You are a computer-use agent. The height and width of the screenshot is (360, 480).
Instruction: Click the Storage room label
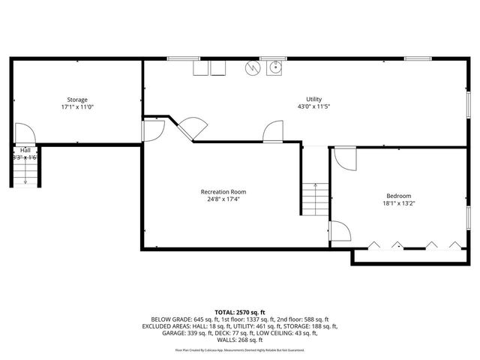click(x=77, y=100)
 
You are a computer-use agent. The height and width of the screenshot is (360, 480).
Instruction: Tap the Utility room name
click(x=313, y=99)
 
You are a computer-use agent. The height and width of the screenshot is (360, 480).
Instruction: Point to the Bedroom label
click(x=398, y=196)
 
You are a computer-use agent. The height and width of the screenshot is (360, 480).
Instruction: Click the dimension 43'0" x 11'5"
click(x=313, y=106)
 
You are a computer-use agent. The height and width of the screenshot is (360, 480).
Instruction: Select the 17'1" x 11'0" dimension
click(x=77, y=107)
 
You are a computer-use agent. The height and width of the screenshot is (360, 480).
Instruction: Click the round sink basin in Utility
click(x=275, y=68)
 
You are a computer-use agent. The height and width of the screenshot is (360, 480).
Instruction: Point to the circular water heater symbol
click(x=253, y=68)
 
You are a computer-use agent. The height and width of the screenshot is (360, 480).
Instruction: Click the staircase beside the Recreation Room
click(x=316, y=199)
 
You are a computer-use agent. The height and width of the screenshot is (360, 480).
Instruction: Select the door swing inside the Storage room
click(x=23, y=133)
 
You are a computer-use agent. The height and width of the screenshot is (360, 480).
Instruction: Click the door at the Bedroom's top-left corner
click(x=344, y=157)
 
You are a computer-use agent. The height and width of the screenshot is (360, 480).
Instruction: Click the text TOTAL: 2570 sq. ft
click(x=240, y=312)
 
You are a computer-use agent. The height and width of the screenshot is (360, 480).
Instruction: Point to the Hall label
click(x=25, y=151)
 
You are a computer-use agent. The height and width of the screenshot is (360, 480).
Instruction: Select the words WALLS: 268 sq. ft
click(x=240, y=339)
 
